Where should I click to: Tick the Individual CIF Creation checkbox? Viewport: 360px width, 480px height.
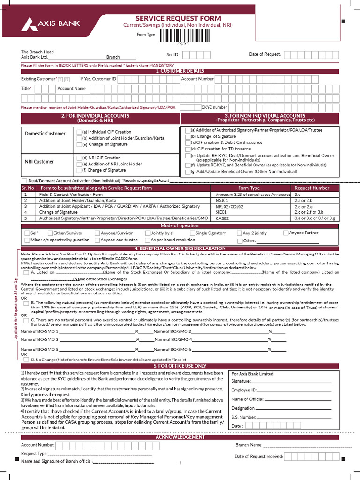pos(79,132)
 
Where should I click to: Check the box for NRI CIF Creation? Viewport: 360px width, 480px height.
pos(79,158)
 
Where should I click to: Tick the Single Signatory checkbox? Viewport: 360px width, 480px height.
pos(192,233)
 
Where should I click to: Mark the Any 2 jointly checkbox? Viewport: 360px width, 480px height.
pos(240,233)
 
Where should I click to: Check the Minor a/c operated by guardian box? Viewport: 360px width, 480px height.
pos(27,240)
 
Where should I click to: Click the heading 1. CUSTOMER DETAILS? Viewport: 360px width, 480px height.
pos(180,71)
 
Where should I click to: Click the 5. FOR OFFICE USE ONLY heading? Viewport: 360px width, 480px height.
pos(180,366)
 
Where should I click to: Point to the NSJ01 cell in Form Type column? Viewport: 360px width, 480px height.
pos(222,200)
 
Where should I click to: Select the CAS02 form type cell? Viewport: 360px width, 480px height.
pos(222,218)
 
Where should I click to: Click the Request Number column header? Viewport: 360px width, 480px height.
pos(311,188)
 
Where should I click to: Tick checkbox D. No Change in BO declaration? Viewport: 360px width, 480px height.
pos(26,359)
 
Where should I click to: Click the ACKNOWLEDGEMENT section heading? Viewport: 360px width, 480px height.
pos(180,437)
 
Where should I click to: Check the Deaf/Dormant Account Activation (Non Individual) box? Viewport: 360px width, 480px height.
pos(24,180)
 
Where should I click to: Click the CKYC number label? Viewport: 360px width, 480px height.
pos(214,107)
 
